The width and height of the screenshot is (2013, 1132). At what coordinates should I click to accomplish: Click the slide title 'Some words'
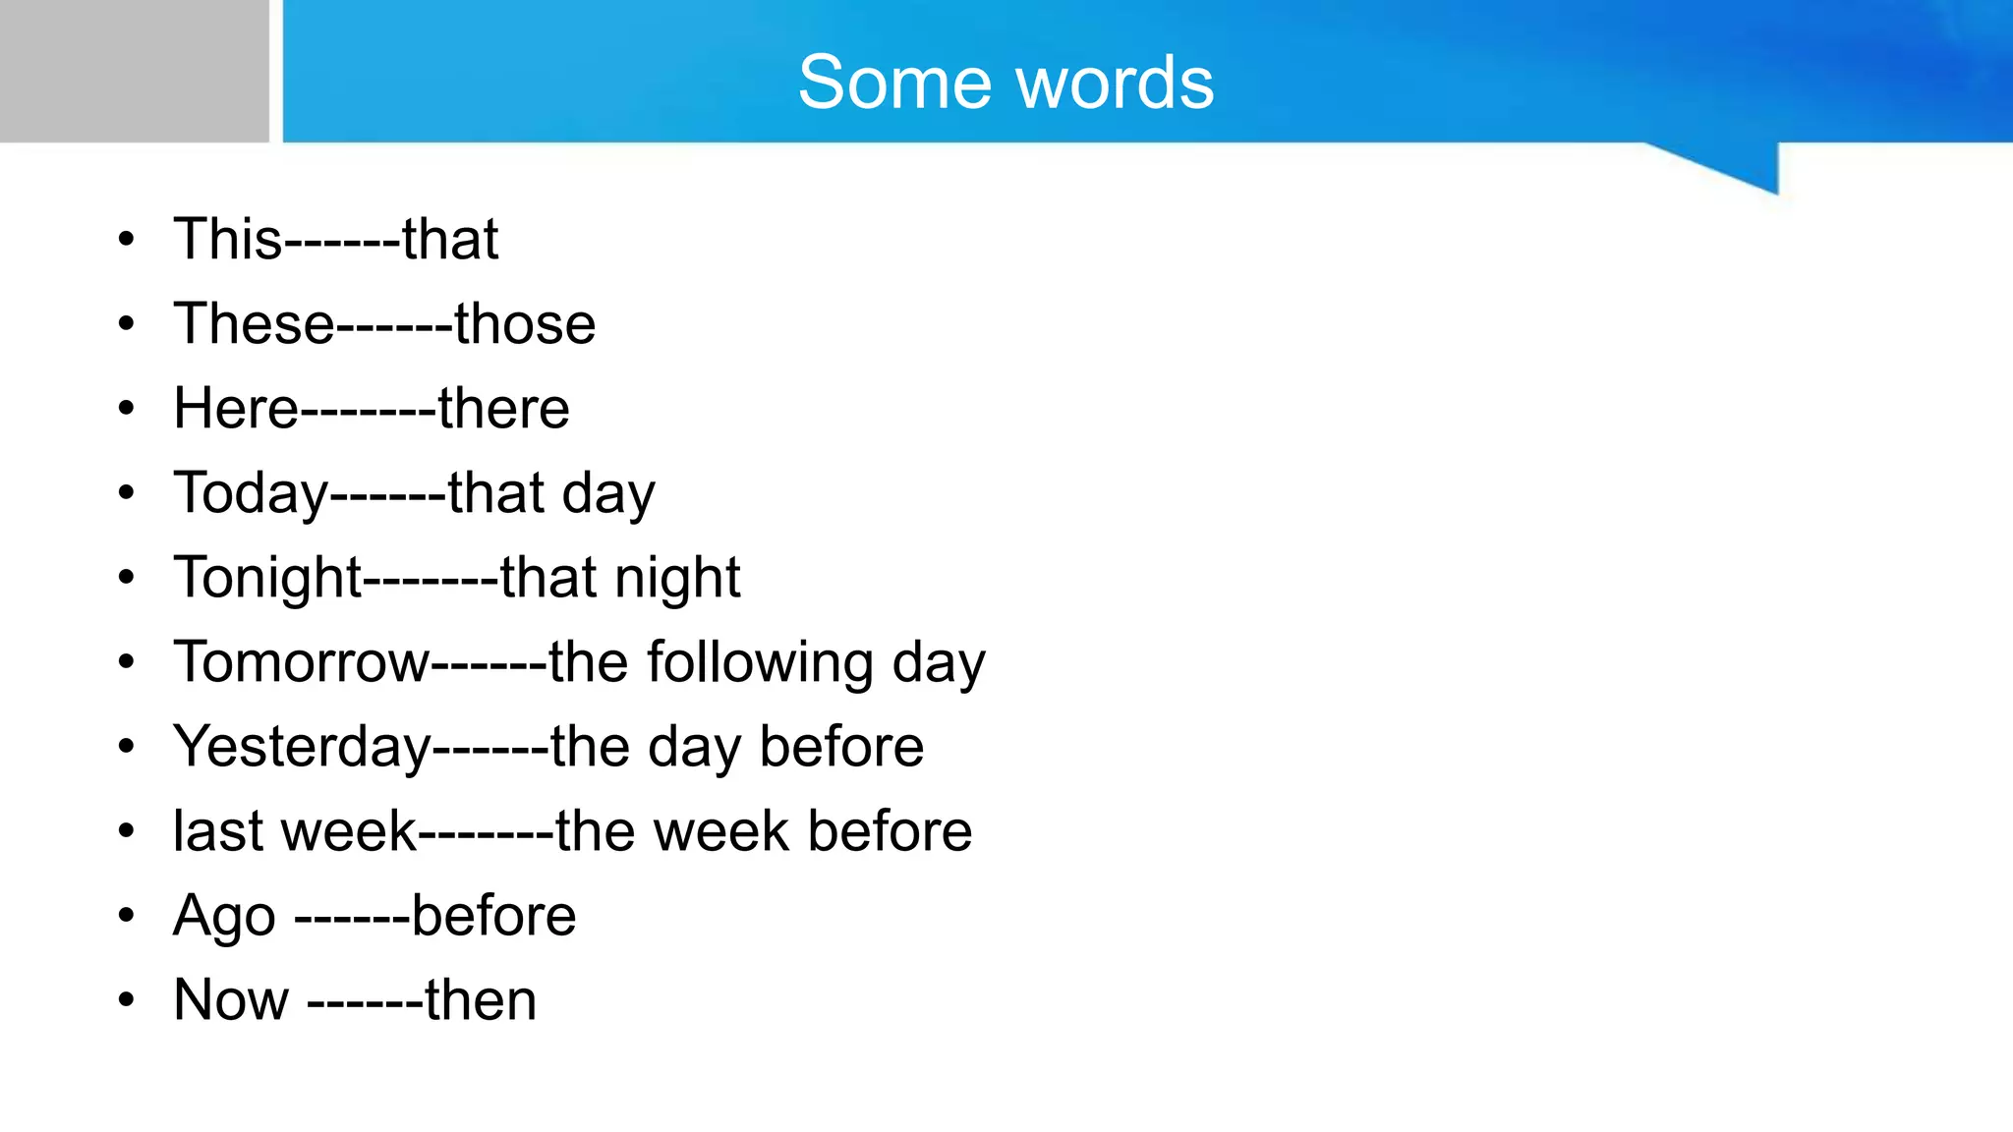click(1006, 83)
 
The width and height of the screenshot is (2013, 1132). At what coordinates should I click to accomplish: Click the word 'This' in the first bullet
click(227, 239)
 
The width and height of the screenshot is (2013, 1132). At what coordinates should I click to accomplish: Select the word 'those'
click(525, 323)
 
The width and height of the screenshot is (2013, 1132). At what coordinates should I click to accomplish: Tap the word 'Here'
click(235, 408)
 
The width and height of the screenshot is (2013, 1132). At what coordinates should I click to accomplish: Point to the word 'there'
click(503, 408)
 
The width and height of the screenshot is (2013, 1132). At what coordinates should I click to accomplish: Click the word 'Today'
click(251, 493)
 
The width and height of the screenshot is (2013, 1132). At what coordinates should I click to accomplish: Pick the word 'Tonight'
click(267, 578)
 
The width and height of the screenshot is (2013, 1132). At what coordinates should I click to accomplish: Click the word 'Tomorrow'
click(302, 661)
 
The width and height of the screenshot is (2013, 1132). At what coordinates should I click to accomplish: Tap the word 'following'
click(760, 663)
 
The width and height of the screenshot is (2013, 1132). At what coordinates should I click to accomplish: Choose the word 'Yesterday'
click(302, 747)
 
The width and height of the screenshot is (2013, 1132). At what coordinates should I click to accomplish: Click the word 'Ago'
click(224, 917)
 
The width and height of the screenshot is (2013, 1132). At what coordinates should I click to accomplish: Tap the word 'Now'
click(231, 1000)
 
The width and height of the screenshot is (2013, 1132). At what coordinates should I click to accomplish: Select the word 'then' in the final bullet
click(481, 1000)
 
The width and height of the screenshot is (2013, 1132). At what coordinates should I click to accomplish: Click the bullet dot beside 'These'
click(126, 324)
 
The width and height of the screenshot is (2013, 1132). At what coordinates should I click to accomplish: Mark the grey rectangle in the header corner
click(134, 71)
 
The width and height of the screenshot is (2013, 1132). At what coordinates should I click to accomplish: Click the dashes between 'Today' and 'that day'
click(388, 494)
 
